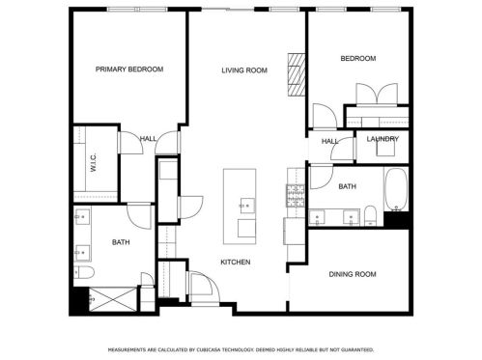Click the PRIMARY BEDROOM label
[x=128, y=69]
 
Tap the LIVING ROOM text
[x=243, y=69]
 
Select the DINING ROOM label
[x=352, y=274]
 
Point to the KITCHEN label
[x=236, y=263]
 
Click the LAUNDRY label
[x=383, y=139]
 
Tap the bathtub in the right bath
[x=396, y=190]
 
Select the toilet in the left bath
[x=83, y=274]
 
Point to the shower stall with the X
[x=111, y=299]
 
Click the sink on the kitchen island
[x=244, y=205]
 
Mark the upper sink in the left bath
[x=82, y=216]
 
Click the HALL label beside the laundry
[x=328, y=142]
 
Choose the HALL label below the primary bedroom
[x=148, y=138]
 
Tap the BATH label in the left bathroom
[x=121, y=242]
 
